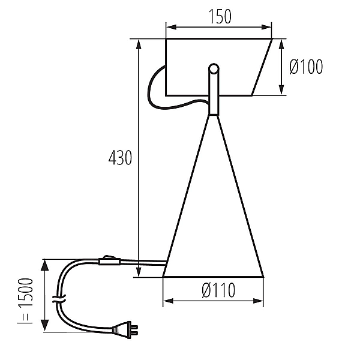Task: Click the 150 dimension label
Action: [x=220, y=17]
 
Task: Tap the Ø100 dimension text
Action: [x=306, y=67]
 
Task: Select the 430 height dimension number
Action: [x=121, y=157]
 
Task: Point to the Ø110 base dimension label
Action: [x=218, y=290]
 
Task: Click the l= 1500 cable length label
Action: [x=25, y=301]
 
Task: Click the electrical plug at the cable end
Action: [x=125, y=329]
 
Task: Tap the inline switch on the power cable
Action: [x=110, y=260]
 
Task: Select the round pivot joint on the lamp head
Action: [x=214, y=68]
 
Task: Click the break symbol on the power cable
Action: [x=59, y=299]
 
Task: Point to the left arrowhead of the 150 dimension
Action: [x=171, y=27]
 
